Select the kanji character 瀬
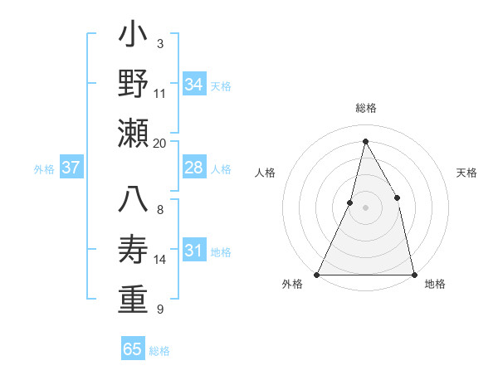134,133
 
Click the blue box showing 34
194,85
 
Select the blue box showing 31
194,251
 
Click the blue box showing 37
71,168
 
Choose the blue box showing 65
133,349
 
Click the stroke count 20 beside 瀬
160,143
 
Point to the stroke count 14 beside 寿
160,260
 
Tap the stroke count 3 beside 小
159,44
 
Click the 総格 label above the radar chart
365,108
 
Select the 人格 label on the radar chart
266,173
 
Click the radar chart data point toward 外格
317,274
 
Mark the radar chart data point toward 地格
413,274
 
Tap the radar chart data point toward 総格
365,141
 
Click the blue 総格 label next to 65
159,351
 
